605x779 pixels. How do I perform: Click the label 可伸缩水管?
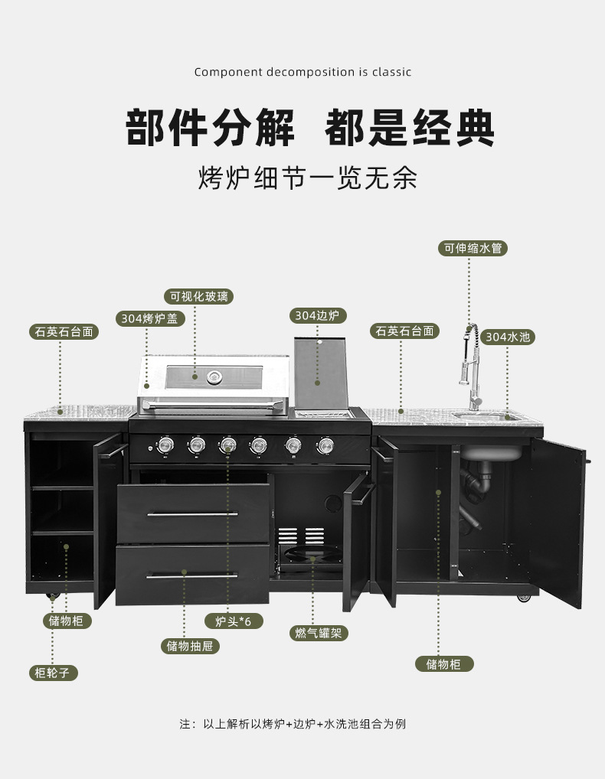(473, 248)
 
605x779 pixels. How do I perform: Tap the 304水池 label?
(508, 336)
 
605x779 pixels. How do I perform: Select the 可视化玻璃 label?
(198, 296)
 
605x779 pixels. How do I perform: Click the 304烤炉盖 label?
(150, 318)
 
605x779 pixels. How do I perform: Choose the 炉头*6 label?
(234, 621)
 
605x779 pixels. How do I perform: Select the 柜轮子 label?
(53, 673)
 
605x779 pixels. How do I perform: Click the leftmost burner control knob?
(164, 443)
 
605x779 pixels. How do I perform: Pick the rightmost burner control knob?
(326, 444)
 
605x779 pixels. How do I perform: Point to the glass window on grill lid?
(214, 375)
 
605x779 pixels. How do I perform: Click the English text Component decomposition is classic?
(302, 72)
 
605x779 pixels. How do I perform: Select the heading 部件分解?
(210, 127)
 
